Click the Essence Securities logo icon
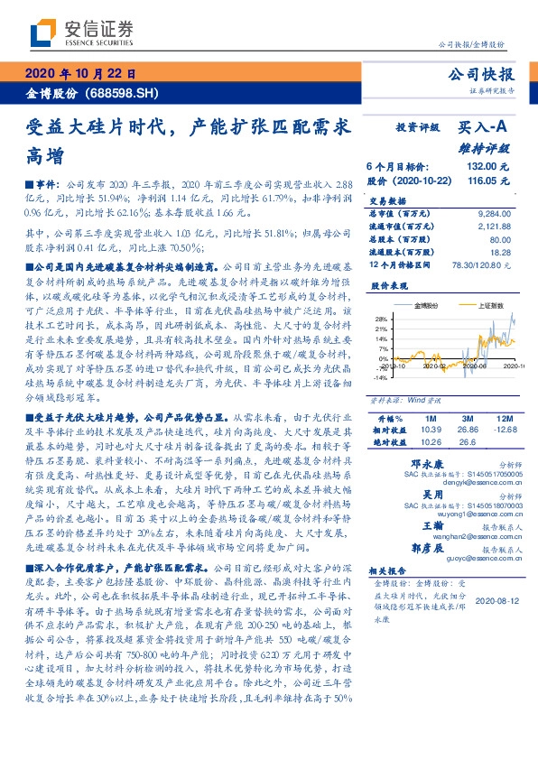click(x=42, y=32)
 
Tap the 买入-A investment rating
click(x=483, y=129)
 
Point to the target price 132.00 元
click(x=489, y=167)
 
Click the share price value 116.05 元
click(x=489, y=181)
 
